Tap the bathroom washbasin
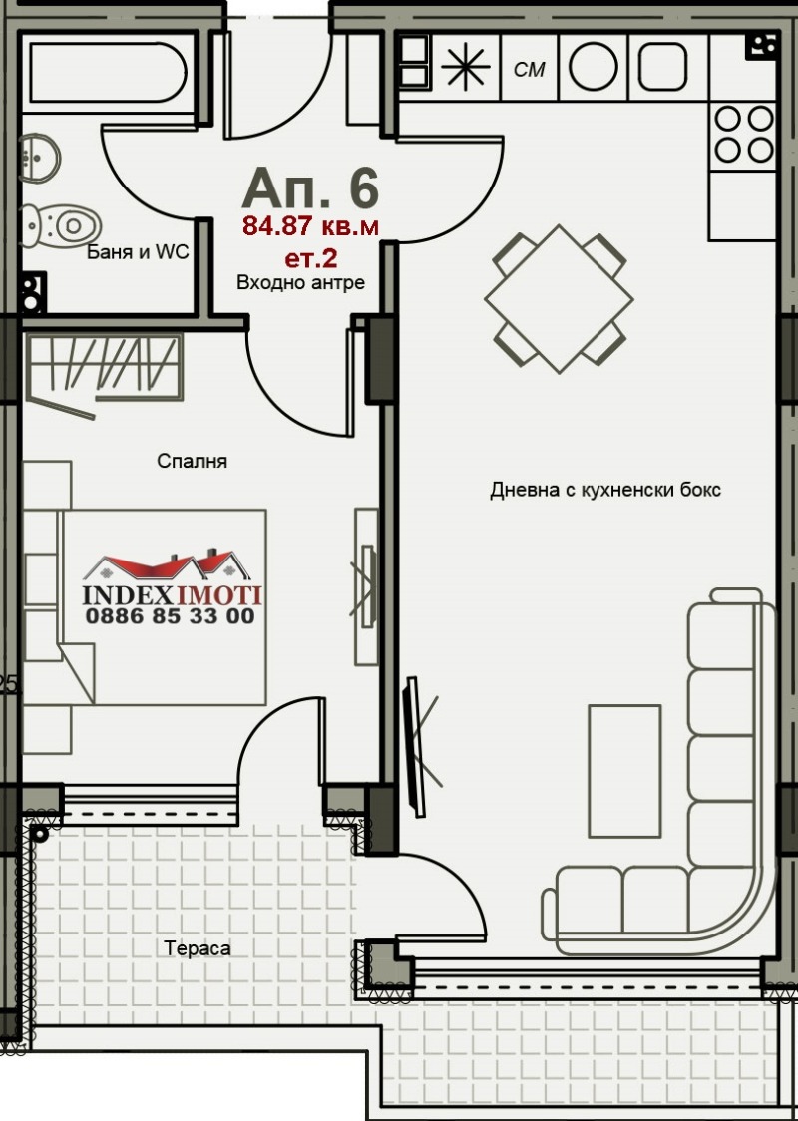pyautogui.click(x=39, y=157)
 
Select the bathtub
pyautogui.click(x=109, y=72)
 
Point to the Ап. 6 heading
pyautogui.click(x=310, y=189)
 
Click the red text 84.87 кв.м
pyautogui.click(x=310, y=226)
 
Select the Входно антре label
pyautogui.click(x=300, y=283)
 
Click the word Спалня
pyautogui.click(x=193, y=462)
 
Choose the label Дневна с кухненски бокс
pyautogui.click(x=604, y=491)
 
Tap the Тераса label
pyautogui.click(x=199, y=948)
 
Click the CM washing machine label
pyautogui.click(x=529, y=70)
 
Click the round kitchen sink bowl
pyautogui.click(x=594, y=68)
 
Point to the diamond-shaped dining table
pyautogui.click(x=560, y=299)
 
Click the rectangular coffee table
pyautogui.click(x=624, y=771)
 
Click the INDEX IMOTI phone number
pyautogui.click(x=171, y=616)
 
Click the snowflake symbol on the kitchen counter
pyautogui.click(x=466, y=68)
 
